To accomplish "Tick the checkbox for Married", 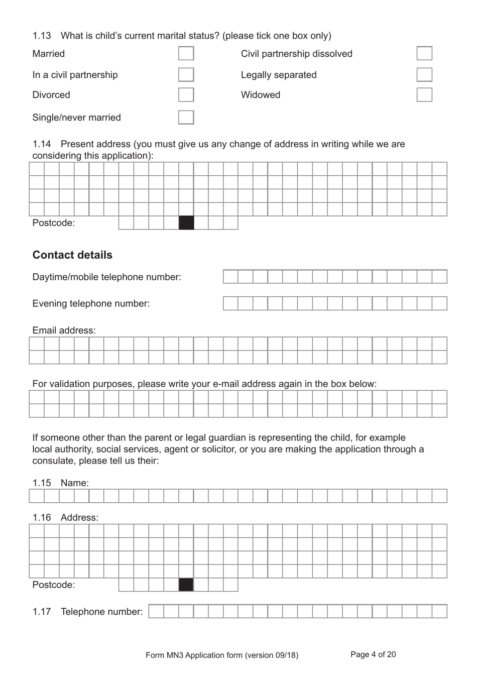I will pyautogui.click(x=186, y=54).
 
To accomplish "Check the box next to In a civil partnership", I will pyautogui.click(x=186, y=75).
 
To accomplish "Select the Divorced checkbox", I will pyautogui.click(x=186, y=95).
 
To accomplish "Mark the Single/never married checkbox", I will pyautogui.click(x=186, y=118).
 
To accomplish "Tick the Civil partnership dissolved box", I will pyautogui.click(x=424, y=54).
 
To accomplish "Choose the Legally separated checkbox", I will pyautogui.click(x=424, y=75).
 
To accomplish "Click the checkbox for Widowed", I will pyautogui.click(x=424, y=95).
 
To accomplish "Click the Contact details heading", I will pyautogui.click(x=72, y=255).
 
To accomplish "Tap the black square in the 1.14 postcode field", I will pyautogui.click(x=186, y=223).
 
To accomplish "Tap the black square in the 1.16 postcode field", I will pyautogui.click(x=186, y=585).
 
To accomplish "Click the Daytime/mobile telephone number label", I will pyautogui.click(x=106, y=277).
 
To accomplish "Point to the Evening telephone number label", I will pyautogui.click(x=91, y=304).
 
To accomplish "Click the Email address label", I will pyautogui.click(x=64, y=330).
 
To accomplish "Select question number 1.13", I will pyautogui.click(x=42, y=36).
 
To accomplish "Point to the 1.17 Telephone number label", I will pyautogui.click(x=87, y=612).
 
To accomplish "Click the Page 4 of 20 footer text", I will pyautogui.click(x=373, y=654).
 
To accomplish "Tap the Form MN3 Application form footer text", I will pyautogui.click(x=221, y=655).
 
